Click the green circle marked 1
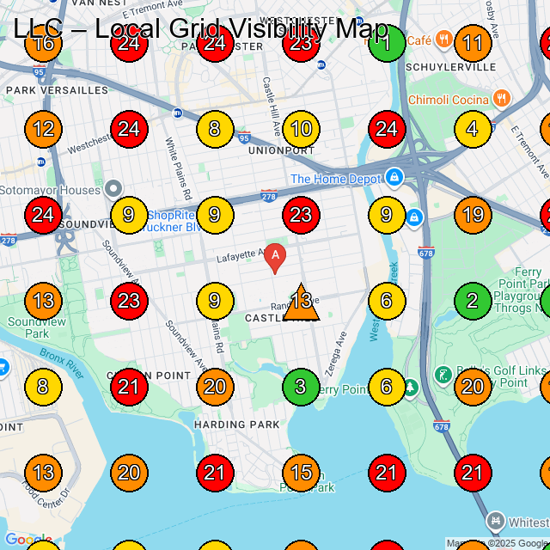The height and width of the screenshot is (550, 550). [387, 43]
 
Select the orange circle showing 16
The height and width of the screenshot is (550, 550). [43, 43]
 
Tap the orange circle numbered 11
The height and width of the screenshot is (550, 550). [473, 43]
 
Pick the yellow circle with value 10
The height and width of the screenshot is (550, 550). [301, 129]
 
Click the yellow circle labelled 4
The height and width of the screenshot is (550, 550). [473, 129]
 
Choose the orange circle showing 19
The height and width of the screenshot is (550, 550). [473, 215]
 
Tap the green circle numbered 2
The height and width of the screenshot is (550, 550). [473, 301]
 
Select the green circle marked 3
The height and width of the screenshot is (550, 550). [301, 387]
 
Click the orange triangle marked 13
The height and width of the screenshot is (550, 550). [301, 302]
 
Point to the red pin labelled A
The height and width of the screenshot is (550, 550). [274, 257]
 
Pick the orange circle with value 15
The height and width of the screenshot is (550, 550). [301, 473]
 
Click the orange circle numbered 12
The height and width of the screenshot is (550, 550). [43, 129]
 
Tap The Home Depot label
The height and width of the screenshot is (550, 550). [335, 179]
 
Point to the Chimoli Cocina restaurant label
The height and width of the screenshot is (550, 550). [448, 100]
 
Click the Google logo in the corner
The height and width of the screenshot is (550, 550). [27, 541]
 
